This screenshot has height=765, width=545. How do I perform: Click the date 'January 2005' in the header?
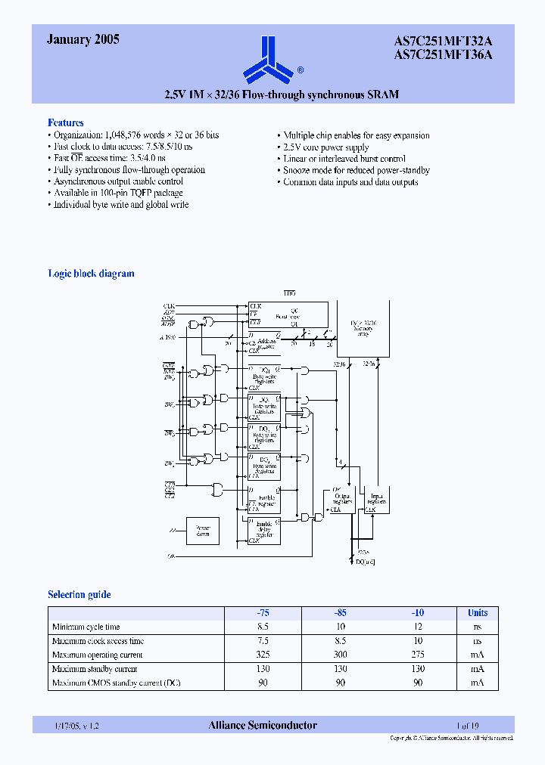(83, 41)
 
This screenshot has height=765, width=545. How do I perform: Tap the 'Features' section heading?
(66, 122)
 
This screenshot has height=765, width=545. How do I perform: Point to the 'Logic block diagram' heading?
(91, 274)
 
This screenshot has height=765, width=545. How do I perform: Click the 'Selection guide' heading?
(79, 595)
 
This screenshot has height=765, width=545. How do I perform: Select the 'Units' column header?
(477, 613)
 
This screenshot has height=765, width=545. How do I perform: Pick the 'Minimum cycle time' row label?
(86, 627)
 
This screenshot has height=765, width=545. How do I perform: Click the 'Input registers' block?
(375, 500)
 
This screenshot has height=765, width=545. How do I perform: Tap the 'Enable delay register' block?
(264, 530)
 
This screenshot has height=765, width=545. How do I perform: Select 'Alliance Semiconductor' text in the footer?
(263, 726)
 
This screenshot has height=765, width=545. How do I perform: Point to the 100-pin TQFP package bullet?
(117, 194)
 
